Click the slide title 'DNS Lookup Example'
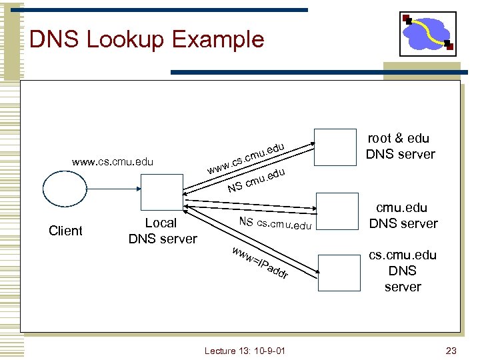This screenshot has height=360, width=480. [147, 39]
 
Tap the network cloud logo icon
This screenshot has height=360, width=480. [427, 34]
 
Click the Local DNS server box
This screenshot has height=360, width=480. [161, 194]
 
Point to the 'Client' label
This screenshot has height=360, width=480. [65, 231]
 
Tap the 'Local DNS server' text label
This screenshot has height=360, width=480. [162, 231]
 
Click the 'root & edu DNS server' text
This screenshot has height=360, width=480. [400, 146]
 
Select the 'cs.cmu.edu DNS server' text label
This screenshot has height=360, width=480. [403, 271]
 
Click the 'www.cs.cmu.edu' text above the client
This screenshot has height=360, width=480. [113, 161]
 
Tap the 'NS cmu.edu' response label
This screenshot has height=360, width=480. [257, 180]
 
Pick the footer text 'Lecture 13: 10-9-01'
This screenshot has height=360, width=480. [245, 351]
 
